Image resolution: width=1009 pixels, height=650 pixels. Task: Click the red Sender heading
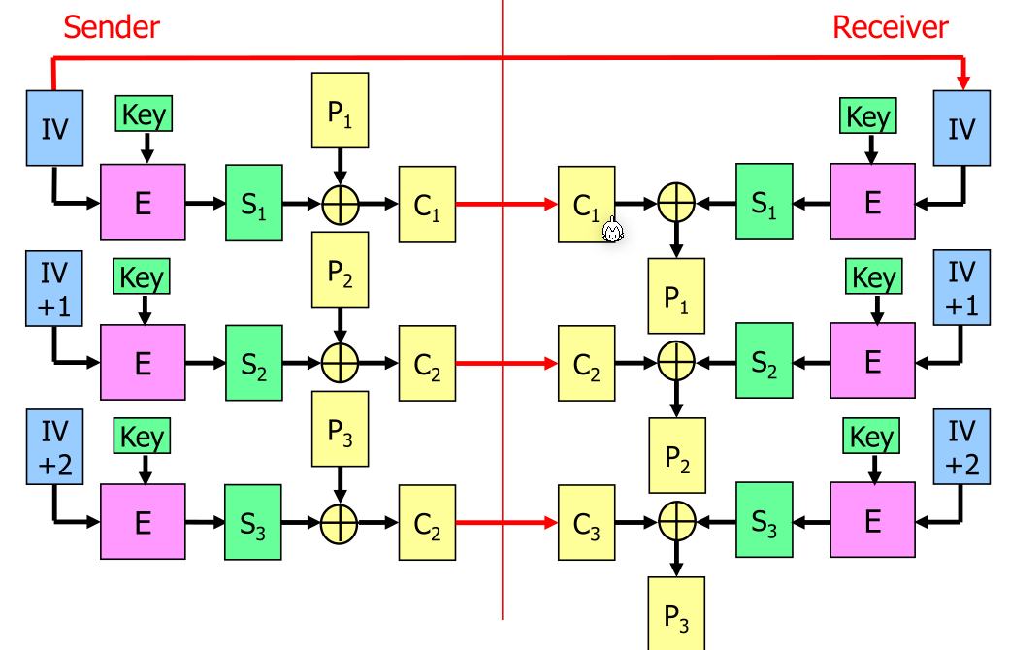112,27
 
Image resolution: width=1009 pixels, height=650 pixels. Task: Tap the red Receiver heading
890,27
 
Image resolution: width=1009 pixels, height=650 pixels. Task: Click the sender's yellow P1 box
339,111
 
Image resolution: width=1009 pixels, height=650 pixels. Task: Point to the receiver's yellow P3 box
676,613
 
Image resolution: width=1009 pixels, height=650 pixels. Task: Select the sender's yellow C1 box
427,204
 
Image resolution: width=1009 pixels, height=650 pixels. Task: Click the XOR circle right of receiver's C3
676,522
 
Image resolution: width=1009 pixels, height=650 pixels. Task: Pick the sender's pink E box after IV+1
143,363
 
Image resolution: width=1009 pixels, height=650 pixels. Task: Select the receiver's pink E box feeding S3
872,522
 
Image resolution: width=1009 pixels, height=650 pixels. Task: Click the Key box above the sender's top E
145,115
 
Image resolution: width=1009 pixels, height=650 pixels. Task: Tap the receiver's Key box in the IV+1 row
873,277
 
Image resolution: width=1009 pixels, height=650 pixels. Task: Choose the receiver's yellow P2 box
676,454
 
